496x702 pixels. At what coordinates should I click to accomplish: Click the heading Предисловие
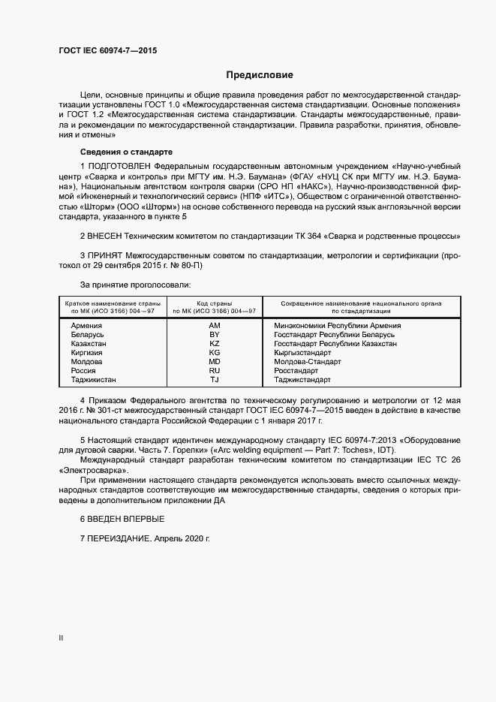[x=259, y=75]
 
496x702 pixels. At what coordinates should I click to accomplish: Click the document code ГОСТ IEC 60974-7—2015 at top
[x=108, y=51]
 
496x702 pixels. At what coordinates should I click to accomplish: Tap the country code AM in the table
[x=215, y=326]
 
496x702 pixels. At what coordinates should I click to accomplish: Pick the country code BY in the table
[x=215, y=335]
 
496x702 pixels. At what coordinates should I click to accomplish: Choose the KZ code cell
[x=215, y=344]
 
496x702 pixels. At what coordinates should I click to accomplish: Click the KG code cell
[x=215, y=353]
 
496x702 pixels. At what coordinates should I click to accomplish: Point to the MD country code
[x=215, y=362]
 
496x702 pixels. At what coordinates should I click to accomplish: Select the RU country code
[x=215, y=371]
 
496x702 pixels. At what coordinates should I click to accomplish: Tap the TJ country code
[x=215, y=380]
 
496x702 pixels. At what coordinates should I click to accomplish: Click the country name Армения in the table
[x=86, y=326]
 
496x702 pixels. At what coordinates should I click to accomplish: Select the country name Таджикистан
[x=93, y=380]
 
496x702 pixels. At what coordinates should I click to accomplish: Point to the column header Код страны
[x=215, y=303]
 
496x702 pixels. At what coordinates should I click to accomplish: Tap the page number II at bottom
[x=61, y=638]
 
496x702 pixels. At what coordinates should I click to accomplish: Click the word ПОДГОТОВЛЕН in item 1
[x=122, y=164]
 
